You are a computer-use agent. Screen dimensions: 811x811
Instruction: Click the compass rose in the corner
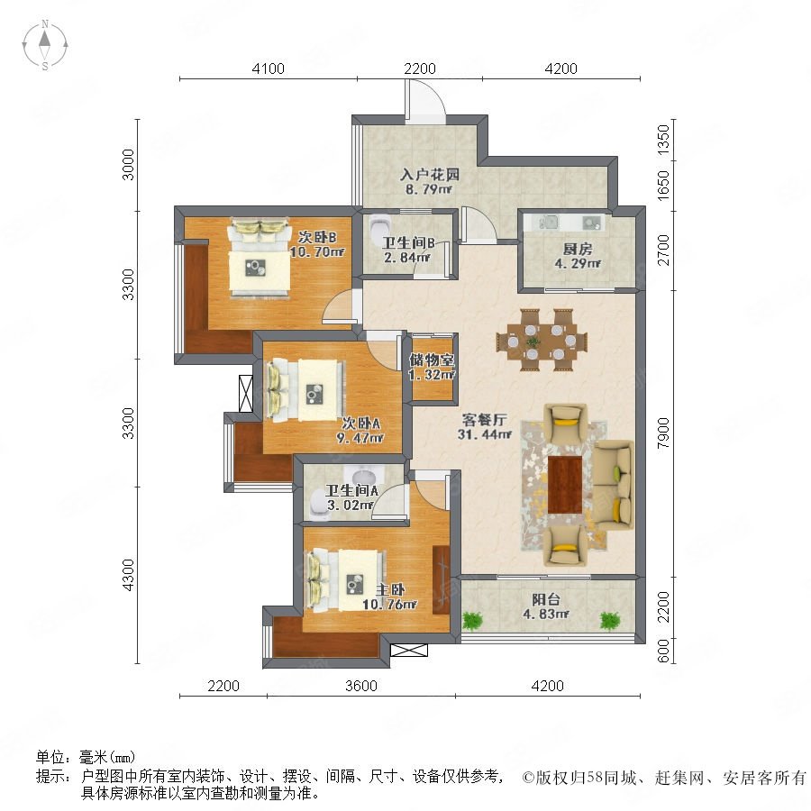coord(45,45)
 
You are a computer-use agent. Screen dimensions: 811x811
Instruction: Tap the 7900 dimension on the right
coord(662,433)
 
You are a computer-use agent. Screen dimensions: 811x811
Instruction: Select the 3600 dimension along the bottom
coord(361,686)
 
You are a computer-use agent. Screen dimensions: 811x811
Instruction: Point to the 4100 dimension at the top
coord(268,68)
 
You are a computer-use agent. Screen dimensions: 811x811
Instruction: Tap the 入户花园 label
coord(430,174)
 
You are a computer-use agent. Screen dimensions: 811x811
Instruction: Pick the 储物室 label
coord(432,360)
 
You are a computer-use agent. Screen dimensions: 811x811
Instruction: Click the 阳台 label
coord(546,599)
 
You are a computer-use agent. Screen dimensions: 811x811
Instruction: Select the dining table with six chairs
coord(542,341)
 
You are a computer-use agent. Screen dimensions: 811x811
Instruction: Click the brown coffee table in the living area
coord(565,485)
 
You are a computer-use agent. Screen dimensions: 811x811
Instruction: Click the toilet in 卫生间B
coord(379,225)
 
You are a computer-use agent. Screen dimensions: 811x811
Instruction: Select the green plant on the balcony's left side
coord(472,620)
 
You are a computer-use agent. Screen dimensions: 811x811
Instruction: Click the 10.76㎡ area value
coord(389,604)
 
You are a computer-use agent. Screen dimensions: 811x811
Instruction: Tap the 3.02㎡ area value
coord(351,505)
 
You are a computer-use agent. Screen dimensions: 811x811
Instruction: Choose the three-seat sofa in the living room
coord(613,485)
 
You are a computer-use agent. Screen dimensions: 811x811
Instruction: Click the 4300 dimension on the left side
coord(128,575)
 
